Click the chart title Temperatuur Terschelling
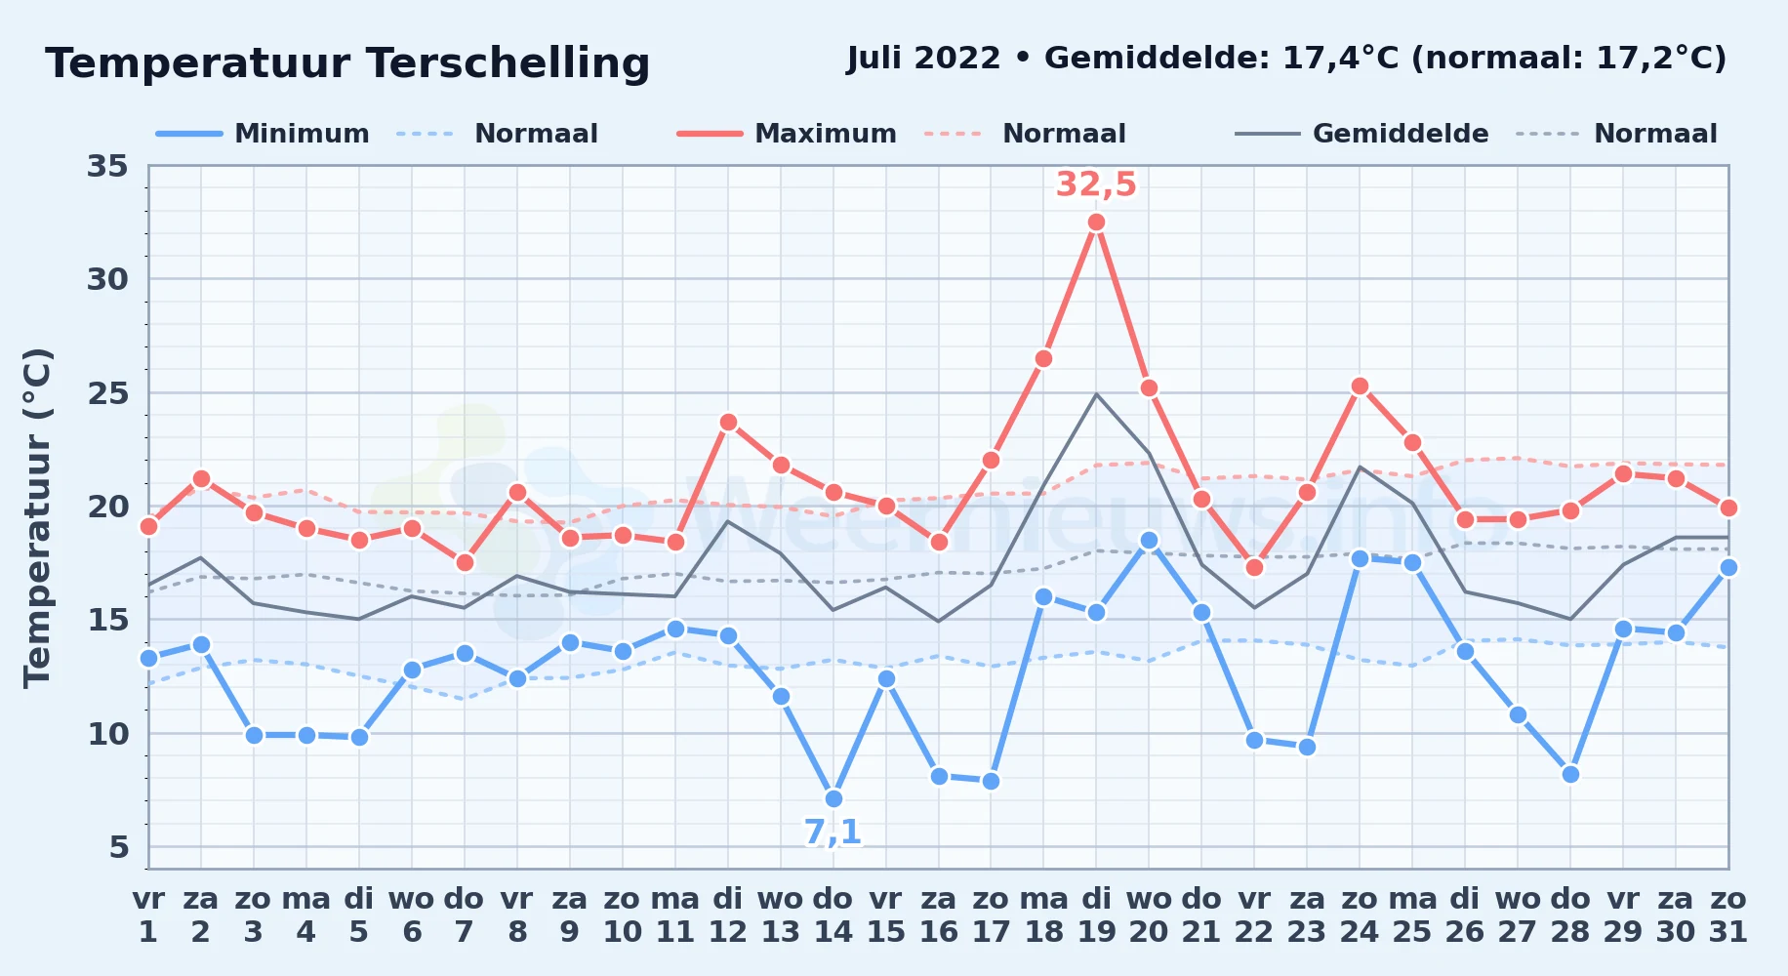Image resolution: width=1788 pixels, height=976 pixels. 347,63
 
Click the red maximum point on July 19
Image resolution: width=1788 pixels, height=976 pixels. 1096,223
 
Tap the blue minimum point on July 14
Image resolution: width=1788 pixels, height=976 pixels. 833,798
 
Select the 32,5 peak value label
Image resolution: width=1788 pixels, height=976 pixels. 1096,183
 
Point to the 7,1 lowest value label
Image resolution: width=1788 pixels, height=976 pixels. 833,832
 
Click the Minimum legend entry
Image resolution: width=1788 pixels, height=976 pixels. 264,134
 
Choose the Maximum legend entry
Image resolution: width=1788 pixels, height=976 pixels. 788,134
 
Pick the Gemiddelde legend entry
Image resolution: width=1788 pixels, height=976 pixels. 1362,134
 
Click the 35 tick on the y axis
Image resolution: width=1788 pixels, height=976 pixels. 107,166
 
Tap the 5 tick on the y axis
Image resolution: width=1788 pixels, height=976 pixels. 119,846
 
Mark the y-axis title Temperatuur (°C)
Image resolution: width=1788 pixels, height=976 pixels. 37,517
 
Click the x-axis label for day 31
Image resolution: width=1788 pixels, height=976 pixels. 1728,915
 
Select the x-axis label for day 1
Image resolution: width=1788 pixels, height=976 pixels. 148,915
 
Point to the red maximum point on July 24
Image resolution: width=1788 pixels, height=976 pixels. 1360,386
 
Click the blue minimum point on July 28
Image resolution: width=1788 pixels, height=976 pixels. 1570,774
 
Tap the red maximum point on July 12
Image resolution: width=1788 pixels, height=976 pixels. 728,423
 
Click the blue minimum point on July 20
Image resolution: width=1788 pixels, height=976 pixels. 1149,540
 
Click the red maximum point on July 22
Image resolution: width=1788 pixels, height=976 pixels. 1254,567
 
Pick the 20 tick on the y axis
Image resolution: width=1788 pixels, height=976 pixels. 107,506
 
